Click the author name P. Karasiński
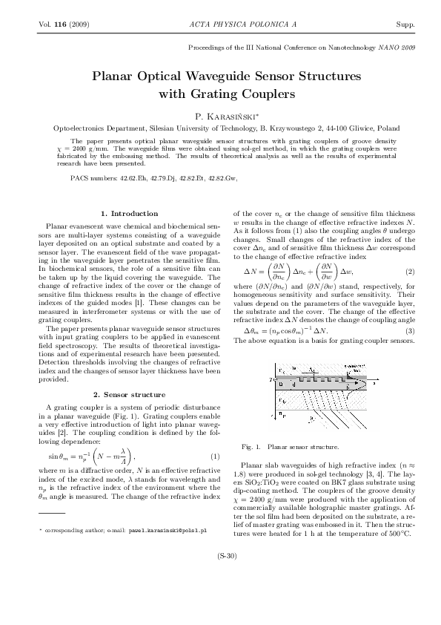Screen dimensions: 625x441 [225, 117]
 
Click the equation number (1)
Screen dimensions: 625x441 [214, 455]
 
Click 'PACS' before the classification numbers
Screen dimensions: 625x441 [80, 179]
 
